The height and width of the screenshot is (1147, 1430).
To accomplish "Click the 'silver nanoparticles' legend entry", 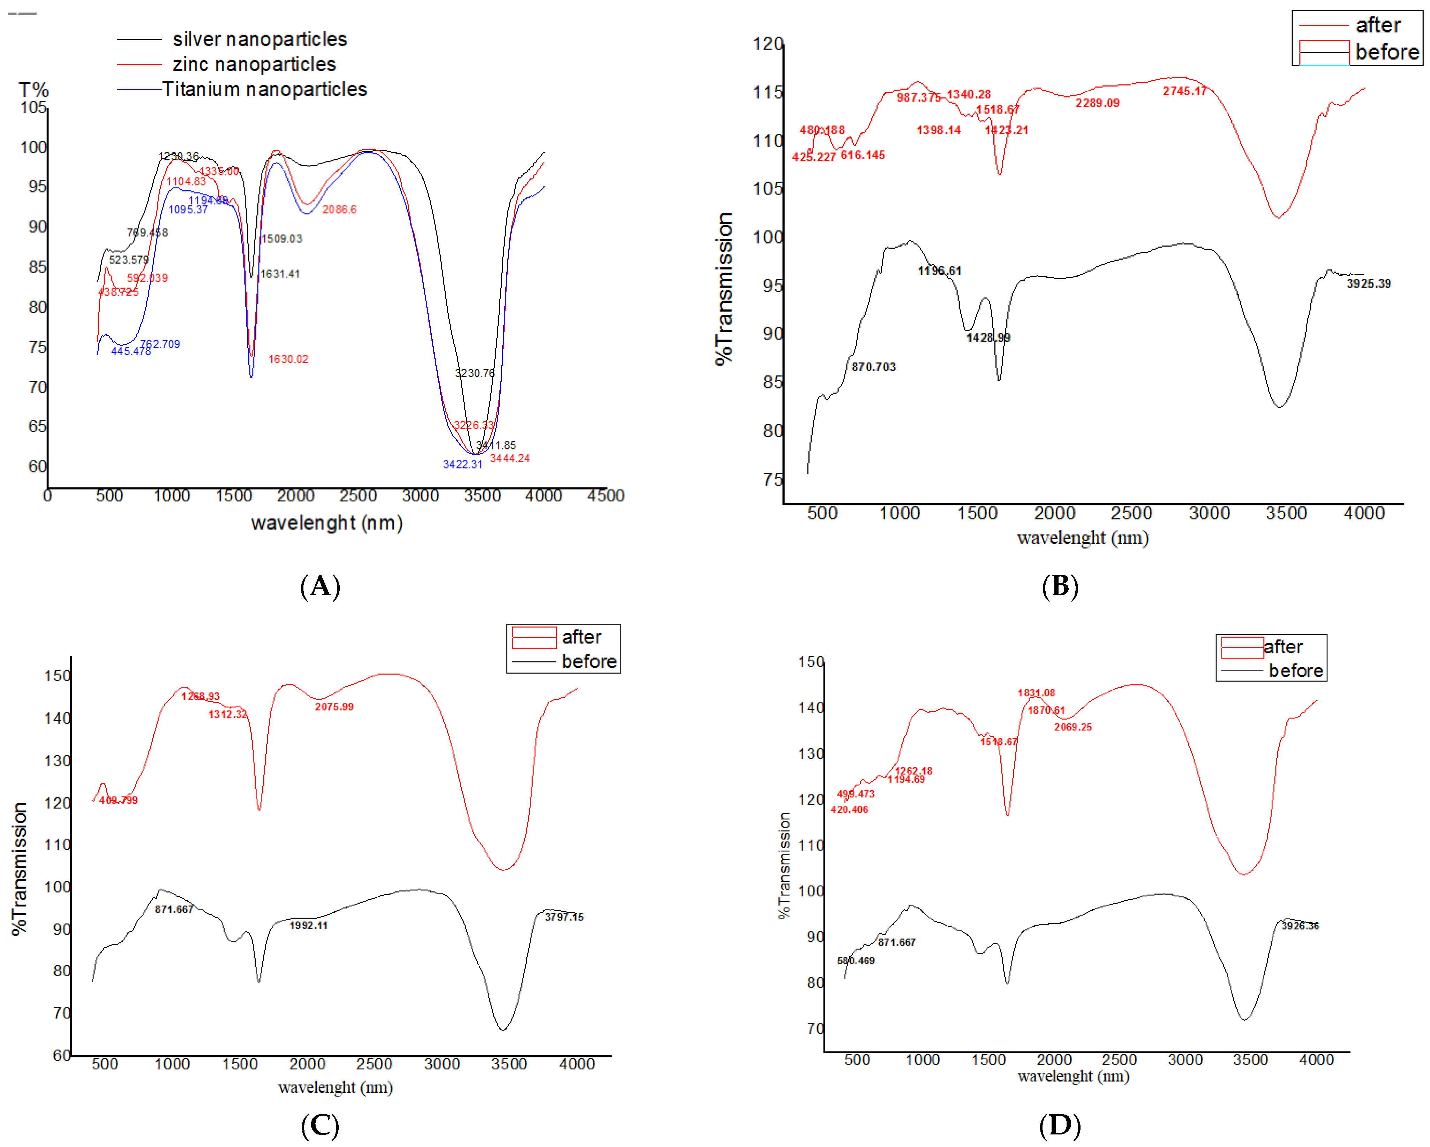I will (259, 39).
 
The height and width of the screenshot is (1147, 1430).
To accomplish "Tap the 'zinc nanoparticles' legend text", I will (254, 64).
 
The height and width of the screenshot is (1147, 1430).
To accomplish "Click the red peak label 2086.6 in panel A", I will (339, 210).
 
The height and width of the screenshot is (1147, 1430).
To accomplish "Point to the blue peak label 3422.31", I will (462, 464).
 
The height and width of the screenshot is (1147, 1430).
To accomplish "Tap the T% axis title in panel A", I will (33, 90).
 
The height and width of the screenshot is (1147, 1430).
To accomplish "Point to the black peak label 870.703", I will (873, 367).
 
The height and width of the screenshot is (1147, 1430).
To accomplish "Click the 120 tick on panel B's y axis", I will (767, 44).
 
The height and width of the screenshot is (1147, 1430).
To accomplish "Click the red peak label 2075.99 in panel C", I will (334, 707).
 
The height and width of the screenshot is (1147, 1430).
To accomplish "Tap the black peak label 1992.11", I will (308, 926).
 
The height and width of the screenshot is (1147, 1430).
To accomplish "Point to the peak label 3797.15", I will (563, 917).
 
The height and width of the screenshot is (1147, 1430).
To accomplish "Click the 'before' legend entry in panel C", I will (588, 662).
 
